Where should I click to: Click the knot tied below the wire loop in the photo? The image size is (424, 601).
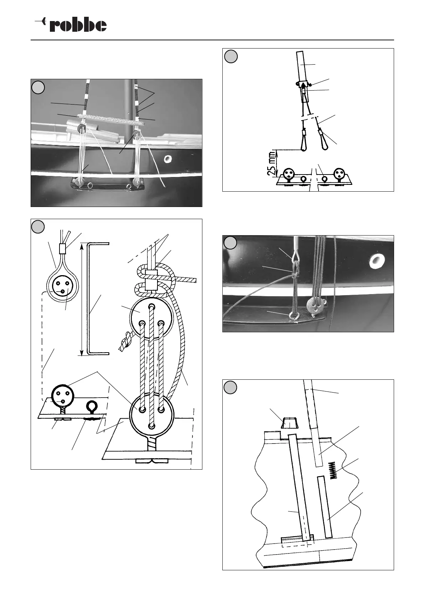294,275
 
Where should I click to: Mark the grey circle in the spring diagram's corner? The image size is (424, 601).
231,388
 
